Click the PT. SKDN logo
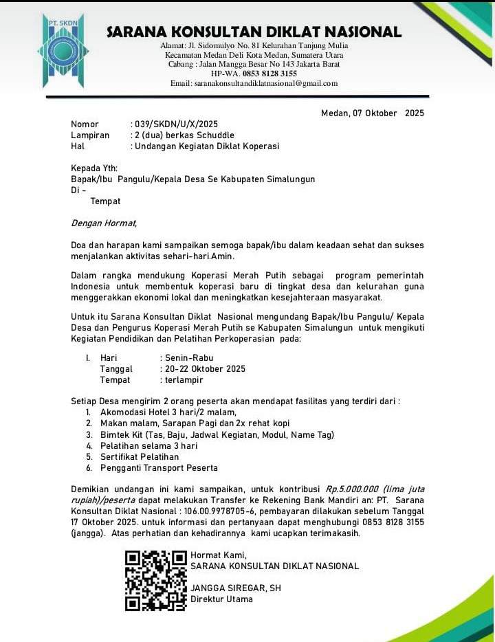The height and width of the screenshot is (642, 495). click(x=63, y=49)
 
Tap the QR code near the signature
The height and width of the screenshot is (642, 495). click(x=156, y=580)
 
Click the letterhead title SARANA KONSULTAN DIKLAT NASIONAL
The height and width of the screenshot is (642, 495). click(x=254, y=32)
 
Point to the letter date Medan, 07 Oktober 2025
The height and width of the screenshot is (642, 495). click(x=373, y=113)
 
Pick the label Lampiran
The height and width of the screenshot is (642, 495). click(x=90, y=135)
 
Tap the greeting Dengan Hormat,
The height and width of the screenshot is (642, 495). click(x=104, y=223)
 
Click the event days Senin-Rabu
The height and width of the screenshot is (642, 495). click(x=188, y=358)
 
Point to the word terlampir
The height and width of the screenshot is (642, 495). click(x=184, y=380)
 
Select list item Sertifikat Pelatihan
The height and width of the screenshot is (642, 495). click(x=140, y=456)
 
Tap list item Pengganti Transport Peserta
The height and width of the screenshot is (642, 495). click(x=159, y=468)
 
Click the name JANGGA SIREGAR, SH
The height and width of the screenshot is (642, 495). click(x=236, y=588)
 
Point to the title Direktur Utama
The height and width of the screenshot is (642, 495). click(x=221, y=599)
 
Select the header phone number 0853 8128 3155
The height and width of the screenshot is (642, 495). click(x=269, y=74)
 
